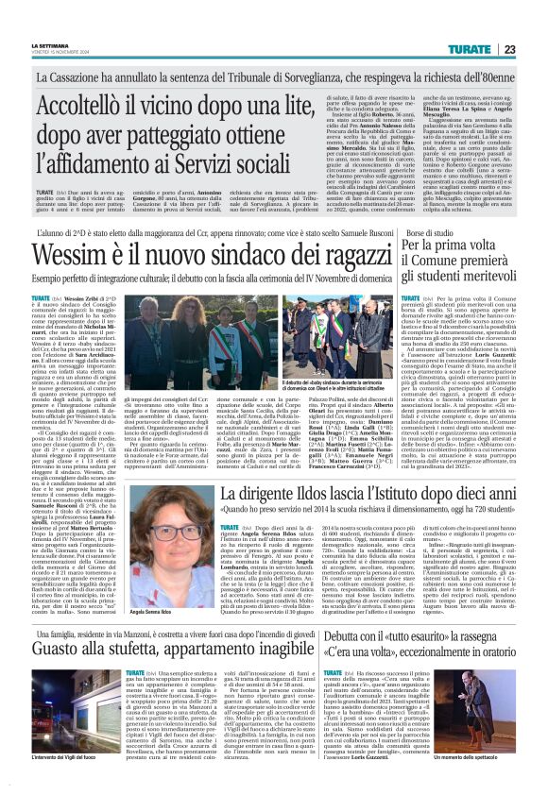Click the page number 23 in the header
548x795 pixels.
pos(535,22)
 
